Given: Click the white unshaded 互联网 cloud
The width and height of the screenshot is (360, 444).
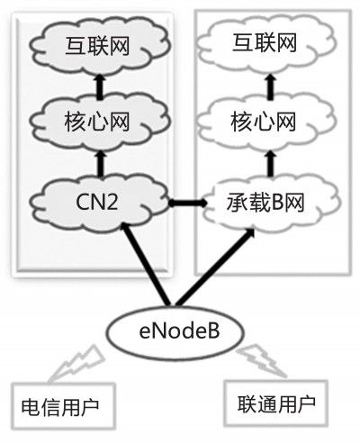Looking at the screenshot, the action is coord(265,44).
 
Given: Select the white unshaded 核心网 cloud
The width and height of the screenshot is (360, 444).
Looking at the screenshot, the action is coord(265,122).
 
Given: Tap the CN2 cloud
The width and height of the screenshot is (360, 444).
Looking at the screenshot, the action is coord(99,202).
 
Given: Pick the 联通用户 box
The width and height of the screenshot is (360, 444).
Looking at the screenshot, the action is coord(276,403).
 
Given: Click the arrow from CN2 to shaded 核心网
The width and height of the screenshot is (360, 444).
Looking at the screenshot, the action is coord(100,164).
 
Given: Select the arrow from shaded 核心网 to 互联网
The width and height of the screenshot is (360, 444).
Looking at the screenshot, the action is coord(100,87).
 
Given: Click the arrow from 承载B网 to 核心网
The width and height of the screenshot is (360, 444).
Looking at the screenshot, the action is coord(271,164).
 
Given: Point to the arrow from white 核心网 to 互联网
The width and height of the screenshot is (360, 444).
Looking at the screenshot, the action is coord(271,87).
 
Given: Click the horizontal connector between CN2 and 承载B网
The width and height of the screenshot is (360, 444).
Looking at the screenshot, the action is coord(187,204).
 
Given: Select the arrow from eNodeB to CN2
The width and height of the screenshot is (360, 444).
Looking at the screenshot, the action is coord(146,264).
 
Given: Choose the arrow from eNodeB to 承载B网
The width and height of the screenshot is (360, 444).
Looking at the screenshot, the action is coord(214,267).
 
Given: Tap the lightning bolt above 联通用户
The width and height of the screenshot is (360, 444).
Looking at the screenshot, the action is coord(262,362).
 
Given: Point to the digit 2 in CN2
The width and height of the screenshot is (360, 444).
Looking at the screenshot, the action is coord(111,202).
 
